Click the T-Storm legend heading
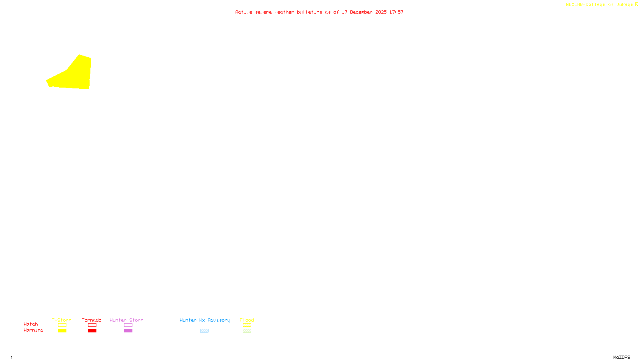pyautogui.click(x=62, y=320)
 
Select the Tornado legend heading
pyautogui.click(x=92, y=320)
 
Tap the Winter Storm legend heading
pyautogui.click(x=126, y=320)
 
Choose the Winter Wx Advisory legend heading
pyautogui.click(x=205, y=320)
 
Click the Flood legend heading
pyautogui.click(x=247, y=320)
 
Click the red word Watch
pyautogui.click(x=31, y=324)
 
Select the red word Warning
pyautogui.click(x=34, y=330)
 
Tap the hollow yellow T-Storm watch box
pyautogui.click(x=62, y=325)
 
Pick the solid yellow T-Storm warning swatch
pyautogui.click(x=62, y=331)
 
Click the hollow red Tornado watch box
pyautogui.click(x=92, y=325)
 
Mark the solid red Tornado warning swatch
pyautogui.click(x=92, y=331)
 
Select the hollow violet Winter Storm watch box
pyautogui.click(x=128, y=325)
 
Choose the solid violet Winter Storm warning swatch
pyautogui.click(x=128, y=331)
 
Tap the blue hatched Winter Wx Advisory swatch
pyautogui.click(x=204, y=331)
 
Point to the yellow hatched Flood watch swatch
pyautogui.click(x=247, y=325)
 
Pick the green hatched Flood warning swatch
pyautogui.click(x=247, y=331)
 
